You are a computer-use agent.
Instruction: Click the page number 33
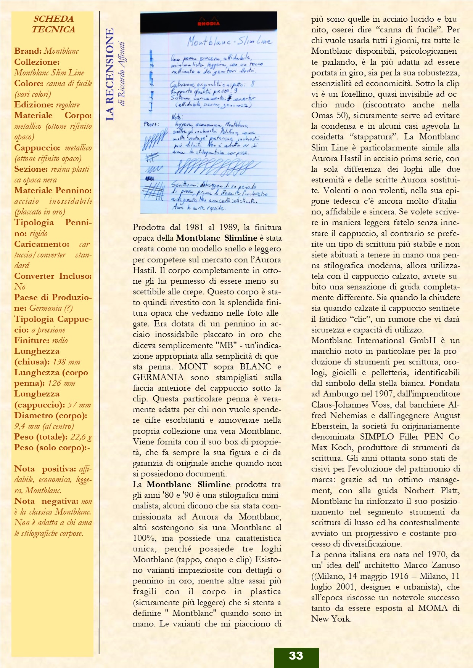click(296, 655)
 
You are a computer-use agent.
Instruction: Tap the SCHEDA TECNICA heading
click(53, 24)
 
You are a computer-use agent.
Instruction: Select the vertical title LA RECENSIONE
click(110, 75)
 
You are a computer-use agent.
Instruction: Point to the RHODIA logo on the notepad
click(208, 24)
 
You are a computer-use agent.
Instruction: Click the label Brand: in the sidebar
click(28, 51)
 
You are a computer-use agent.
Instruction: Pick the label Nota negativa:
click(46, 501)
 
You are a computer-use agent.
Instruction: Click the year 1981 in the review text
click(197, 227)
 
